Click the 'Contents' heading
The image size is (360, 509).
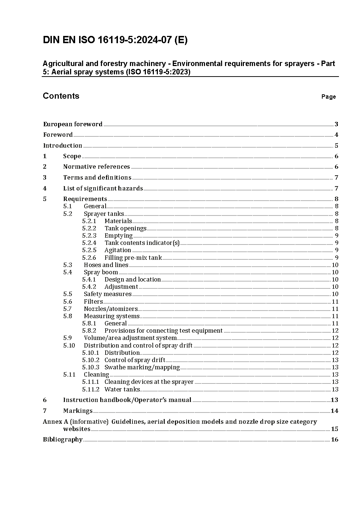(61, 96)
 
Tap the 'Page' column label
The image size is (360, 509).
(328, 97)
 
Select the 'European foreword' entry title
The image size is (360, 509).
(73, 124)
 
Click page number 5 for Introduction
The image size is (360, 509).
(336, 145)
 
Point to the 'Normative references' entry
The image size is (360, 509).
(96, 167)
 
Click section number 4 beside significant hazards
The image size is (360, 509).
(45, 188)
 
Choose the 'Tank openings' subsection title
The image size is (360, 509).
(125, 228)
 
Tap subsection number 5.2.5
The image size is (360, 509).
(89, 250)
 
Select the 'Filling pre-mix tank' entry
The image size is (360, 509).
(133, 258)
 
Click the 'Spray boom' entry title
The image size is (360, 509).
(101, 272)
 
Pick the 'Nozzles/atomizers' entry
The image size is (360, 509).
(111, 309)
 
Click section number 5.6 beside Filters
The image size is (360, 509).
(67, 301)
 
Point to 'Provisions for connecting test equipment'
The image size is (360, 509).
(163, 331)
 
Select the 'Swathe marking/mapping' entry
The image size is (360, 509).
(142, 367)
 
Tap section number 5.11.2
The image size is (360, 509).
(90, 389)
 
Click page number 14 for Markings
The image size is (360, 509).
(334, 411)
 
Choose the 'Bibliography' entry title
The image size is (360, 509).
(63, 439)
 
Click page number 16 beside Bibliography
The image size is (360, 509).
(334, 439)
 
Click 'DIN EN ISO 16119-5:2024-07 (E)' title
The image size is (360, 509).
(115, 40)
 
